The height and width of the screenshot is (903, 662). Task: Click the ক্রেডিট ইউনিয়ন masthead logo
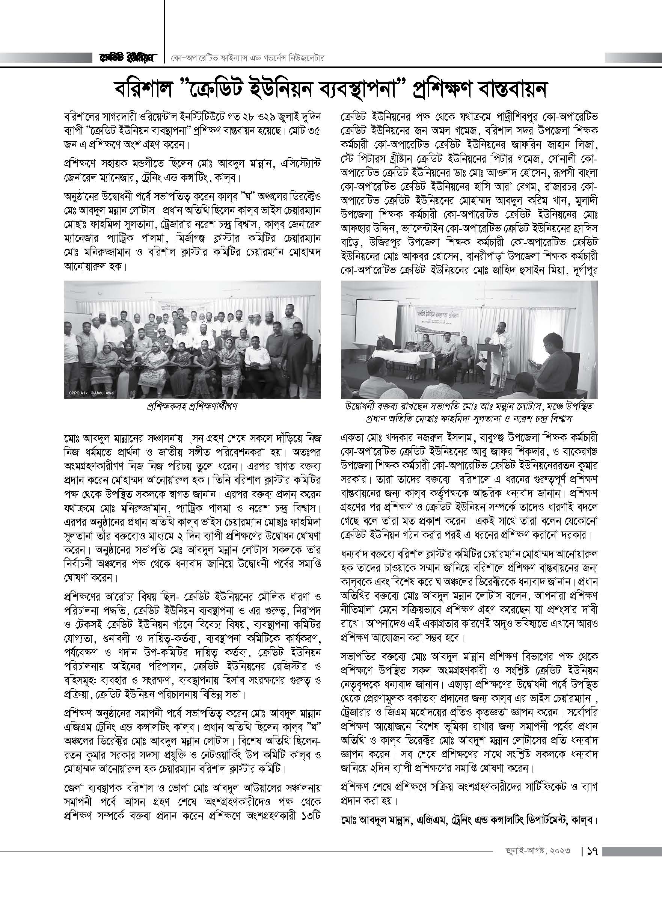(x=126, y=58)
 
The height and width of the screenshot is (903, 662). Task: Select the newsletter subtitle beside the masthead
(x=246, y=58)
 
